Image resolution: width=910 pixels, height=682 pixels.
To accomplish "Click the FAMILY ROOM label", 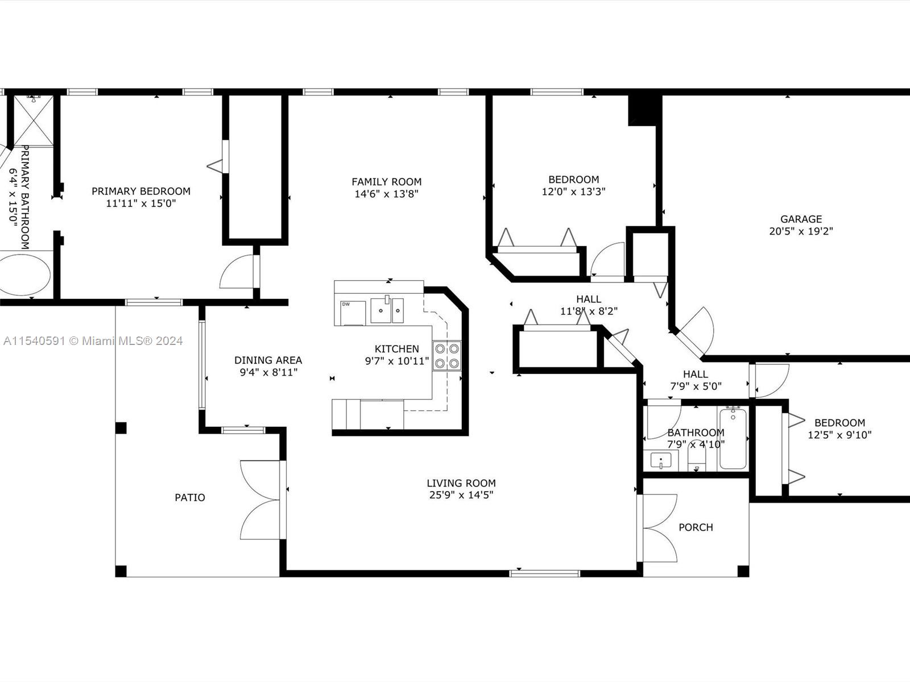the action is pos(386,182).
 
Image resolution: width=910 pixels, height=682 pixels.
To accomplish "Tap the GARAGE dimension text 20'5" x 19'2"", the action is pos(801,231).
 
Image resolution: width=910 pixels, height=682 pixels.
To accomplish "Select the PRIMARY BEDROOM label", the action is pos(141,192).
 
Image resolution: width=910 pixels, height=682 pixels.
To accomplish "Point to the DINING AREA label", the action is pos(268,360).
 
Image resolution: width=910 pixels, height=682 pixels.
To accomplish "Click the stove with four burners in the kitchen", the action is pos(447,356).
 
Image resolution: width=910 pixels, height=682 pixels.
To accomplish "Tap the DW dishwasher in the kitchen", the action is pos(353,313).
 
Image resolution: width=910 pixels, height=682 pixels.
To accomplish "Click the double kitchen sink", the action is pos(387,310).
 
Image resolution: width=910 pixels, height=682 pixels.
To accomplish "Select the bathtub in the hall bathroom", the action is pos(733,439).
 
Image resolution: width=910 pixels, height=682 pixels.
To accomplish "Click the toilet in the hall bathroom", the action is pos(697,457).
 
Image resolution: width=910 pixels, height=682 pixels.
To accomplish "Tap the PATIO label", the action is pos(190,497).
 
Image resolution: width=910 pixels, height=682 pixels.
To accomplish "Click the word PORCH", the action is pos(696,527).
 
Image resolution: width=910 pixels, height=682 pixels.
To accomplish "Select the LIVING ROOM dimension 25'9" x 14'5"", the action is pos(461,495).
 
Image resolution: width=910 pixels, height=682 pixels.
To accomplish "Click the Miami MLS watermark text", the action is pos(93,341).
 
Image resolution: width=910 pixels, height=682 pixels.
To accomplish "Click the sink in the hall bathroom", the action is pos(661,460).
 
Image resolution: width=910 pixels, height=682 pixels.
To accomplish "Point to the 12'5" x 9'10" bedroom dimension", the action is pos(839,435).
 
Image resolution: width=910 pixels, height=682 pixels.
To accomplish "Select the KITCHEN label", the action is pos(397,348).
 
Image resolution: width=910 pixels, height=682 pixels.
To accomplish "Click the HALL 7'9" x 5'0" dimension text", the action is pos(696,386).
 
